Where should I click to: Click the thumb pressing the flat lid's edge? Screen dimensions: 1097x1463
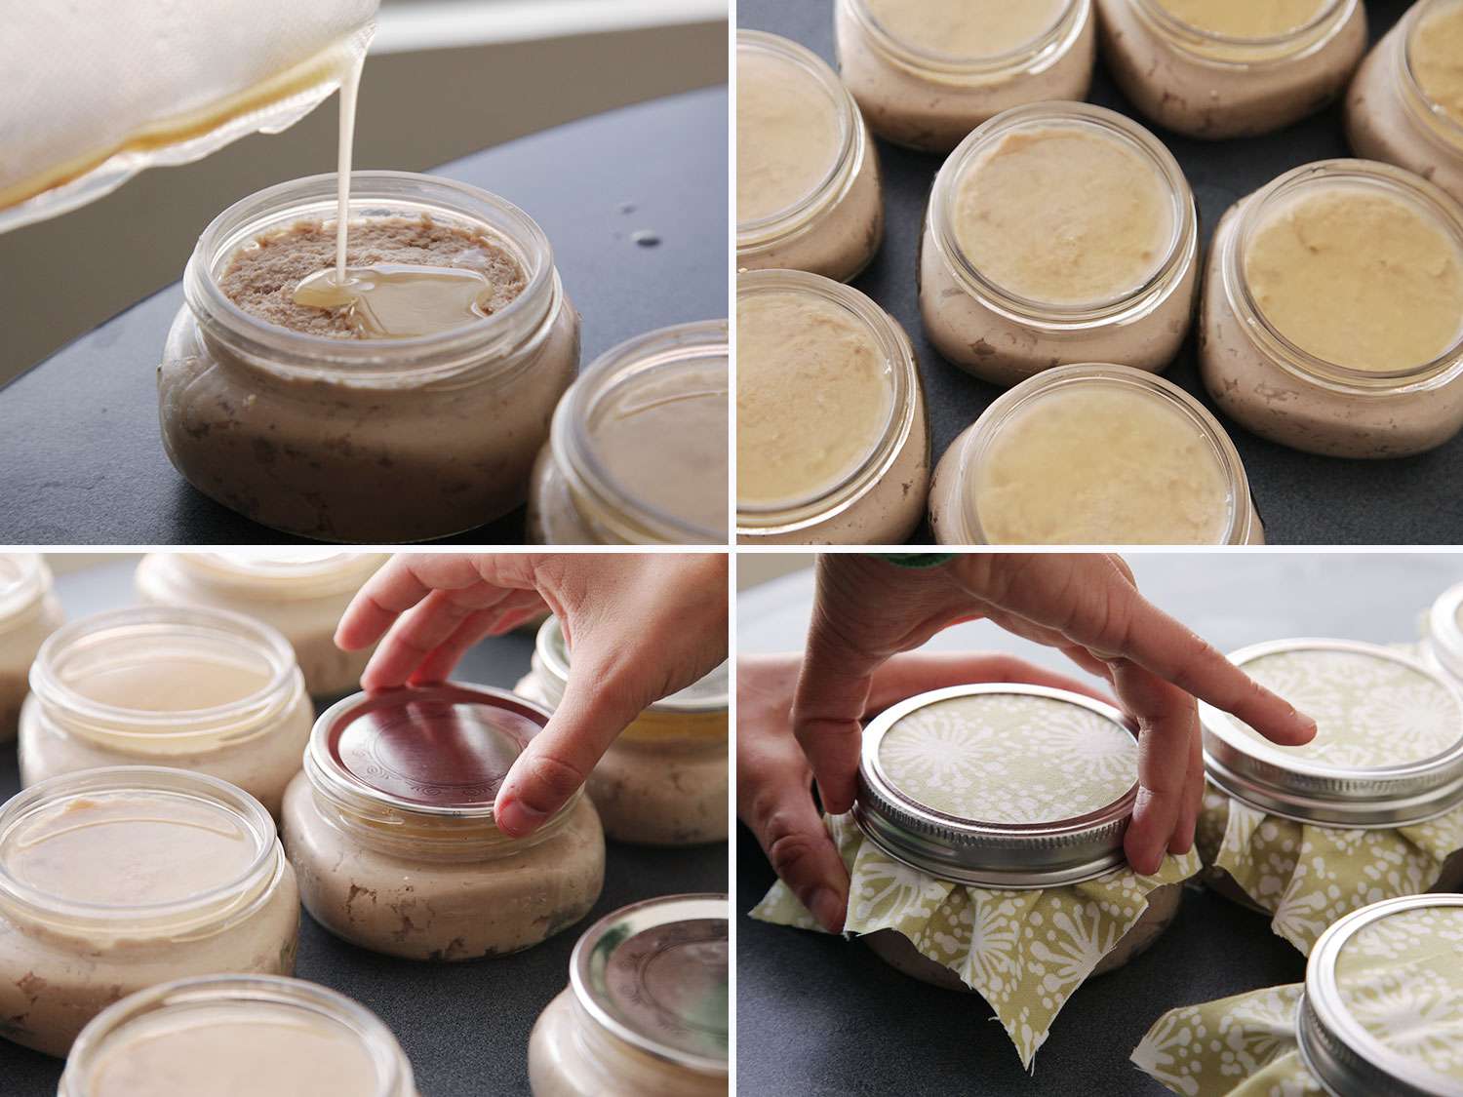click(522, 807)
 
